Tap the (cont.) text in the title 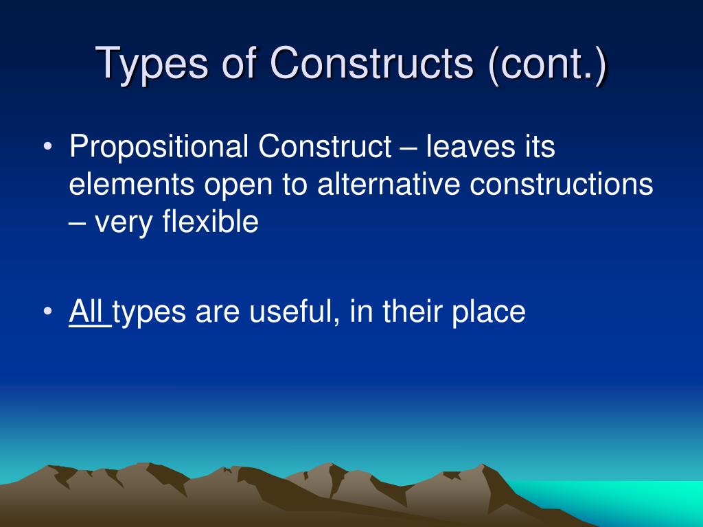(x=547, y=64)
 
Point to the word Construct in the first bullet (x=324, y=147)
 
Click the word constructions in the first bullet (x=562, y=185)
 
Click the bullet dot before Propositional (x=47, y=148)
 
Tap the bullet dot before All (x=47, y=313)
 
